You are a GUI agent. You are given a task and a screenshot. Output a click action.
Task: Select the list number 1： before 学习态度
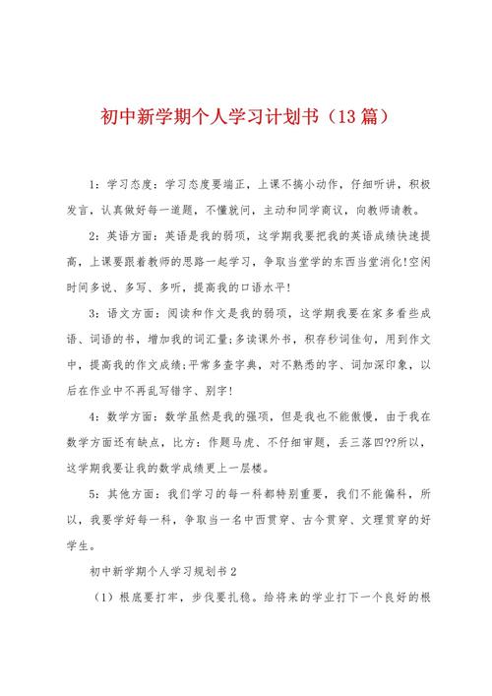point(94,184)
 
